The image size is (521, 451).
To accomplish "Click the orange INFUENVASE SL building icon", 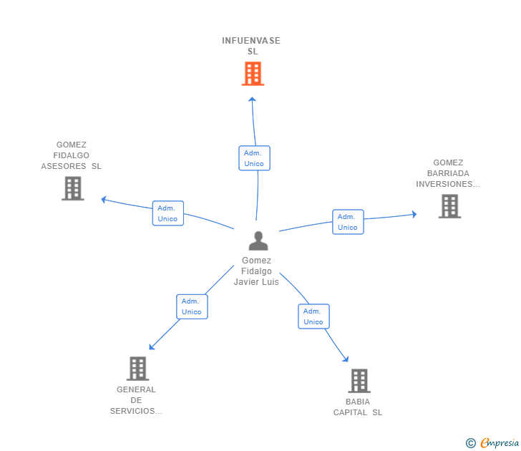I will [x=253, y=74].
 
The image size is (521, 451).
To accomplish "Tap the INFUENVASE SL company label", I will [x=251, y=46].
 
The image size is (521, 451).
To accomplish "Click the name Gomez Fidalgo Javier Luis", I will [x=256, y=271].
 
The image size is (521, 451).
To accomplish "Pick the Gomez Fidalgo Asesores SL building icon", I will [x=72, y=188].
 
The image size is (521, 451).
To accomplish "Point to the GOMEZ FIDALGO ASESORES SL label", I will [x=72, y=155].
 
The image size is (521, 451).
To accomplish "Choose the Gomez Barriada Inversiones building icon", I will [x=449, y=206].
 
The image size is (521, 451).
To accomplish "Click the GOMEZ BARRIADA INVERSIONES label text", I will [x=448, y=173].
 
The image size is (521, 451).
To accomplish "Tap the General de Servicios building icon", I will [x=137, y=369].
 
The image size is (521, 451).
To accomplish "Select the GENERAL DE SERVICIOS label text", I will [x=136, y=400].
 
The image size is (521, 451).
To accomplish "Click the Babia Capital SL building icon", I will [x=359, y=381].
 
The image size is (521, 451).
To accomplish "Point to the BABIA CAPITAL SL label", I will [x=358, y=407].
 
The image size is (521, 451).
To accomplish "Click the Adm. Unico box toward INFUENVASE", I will [x=254, y=158].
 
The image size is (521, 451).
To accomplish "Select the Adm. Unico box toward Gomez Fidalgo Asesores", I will [x=168, y=213].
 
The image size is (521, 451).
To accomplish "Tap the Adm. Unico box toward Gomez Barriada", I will [x=348, y=222].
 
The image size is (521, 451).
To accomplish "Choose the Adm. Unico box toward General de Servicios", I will [x=192, y=306].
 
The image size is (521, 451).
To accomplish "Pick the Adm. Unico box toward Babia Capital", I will [x=313, y=316].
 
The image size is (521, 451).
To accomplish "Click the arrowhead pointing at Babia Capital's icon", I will [x=346, y=359].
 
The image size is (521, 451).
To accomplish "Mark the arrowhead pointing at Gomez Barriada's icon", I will [x=413, y=214].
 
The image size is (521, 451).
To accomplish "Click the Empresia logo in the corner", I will [x=492, y=443].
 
